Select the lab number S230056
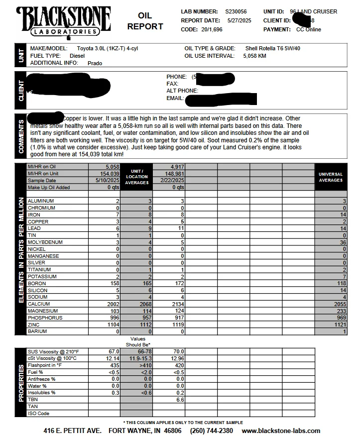[x=236, y=11]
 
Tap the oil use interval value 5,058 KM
[x=254, y=56]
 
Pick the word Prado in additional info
[x=95, y=63]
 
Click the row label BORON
[x=38, y=283]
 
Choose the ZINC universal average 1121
[x=339, y=325]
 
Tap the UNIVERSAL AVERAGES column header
[x=331, y=177]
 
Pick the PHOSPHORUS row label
[x=45, y=318]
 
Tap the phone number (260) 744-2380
[x=211, y=431]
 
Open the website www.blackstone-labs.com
[x=281, y=431]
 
